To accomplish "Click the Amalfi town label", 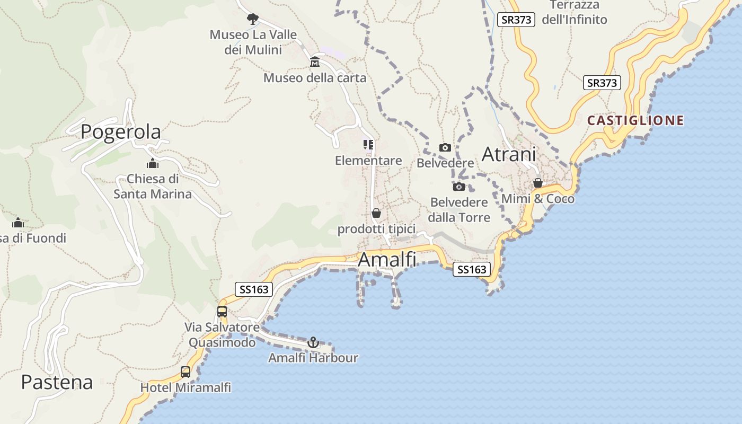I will pyautogui.click(x=387, y=260).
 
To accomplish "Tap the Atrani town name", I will pyautogui.click(x=508, y=154).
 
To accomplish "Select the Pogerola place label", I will pyautogui.click(x=121, y=131).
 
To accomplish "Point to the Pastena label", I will pyautogui.click(x=57, y=382).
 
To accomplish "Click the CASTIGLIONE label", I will pyautogui.click(x=635, y=120).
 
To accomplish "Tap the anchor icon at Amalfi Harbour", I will pyautogui.click(x=313, y=342).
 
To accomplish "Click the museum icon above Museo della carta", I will pyautogui.click(x=315, y=62).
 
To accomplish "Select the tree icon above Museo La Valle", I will pyautogui.click(x=253, y=19).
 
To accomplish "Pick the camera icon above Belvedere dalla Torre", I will pyautogui.click(x=459, y=187).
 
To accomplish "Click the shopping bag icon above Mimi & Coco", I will pyautogui.click(x=538, y=183).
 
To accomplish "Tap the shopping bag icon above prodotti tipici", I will pyautogui.click(x=376, y=213).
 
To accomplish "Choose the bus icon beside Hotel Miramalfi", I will pyautogui.click(x=185, y=372).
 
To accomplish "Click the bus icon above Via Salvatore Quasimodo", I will pyautogui.click(x=222, y=312).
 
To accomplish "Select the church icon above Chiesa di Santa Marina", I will pyautogui.click(x=153, y=163).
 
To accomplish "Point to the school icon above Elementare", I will pyautogui.click(x=368, y=144).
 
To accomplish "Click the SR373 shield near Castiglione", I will pyautogui.click(x=602, y=83).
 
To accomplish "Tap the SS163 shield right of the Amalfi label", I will pyautogui.click(x=472, y=269).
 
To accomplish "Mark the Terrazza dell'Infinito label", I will pyautogui.click(x=575, y=13).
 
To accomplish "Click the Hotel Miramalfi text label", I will pyautogui.click(x=185, y=387).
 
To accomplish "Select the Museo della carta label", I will pyautogui.click(x=315, y=78).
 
